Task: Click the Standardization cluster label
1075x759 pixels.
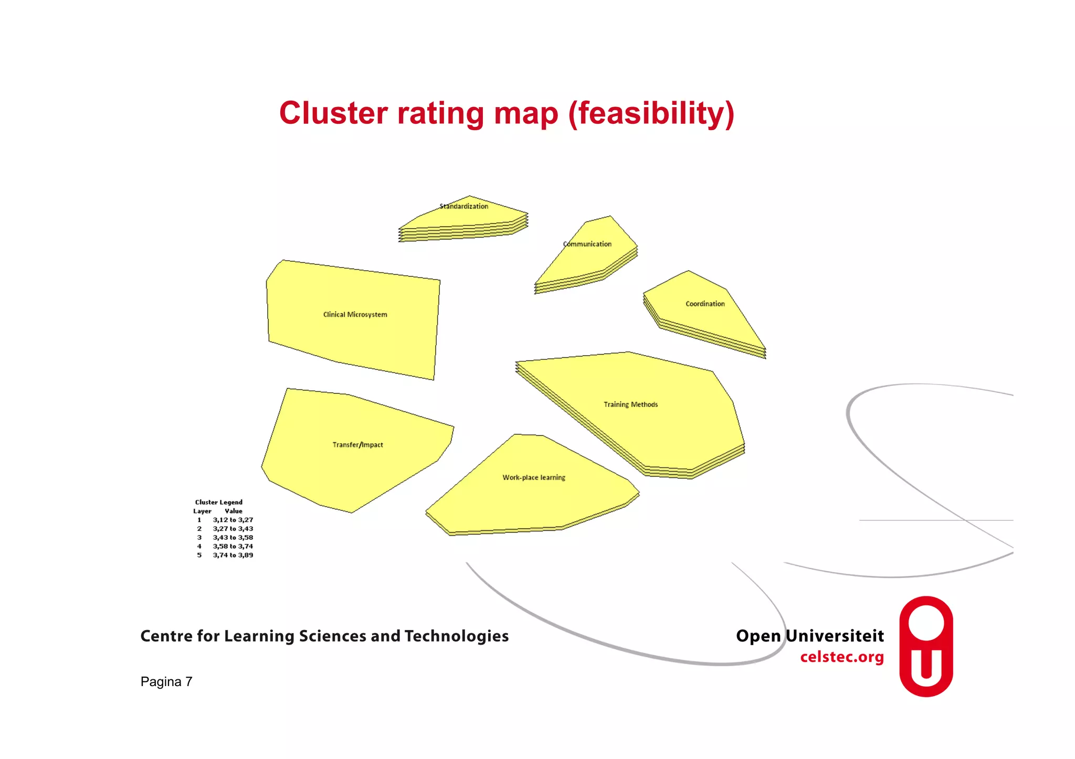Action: pyautogui.click(x=463, y=206)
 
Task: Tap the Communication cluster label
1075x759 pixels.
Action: pyautogui.click(x=587, y=244)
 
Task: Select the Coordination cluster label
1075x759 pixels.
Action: pyautogui.click(x=705, y=304)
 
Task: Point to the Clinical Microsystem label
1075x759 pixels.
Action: pyautogui.click(x=355, y=315)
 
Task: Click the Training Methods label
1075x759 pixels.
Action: pyautogui.click(x=630, y=404)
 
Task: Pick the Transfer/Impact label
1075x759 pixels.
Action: pyautogui.click(x=357, y=445)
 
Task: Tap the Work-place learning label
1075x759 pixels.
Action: pyautogui.click(x=534, y=477)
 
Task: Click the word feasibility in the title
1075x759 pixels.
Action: pyautogui.click(x=651, y=113)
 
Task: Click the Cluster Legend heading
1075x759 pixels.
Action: pyautogui.click(x=219, y=502)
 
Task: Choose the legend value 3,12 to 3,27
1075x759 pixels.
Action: pyautogui.click(x=233, y=520)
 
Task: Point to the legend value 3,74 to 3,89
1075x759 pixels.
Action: pyautogui.click(x=233, y=555)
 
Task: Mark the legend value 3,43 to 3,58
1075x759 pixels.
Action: pyautogui.click(x=233, y=538)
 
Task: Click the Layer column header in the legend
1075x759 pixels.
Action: pyautogui.click(x=202, y=511)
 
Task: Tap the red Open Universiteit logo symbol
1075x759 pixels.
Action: pyautogui.click(x=926, y=646)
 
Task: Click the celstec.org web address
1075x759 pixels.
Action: pyautogui.click(x=841, y=657)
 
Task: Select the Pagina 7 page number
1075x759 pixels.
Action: pyautogui.click(x=166, y=681)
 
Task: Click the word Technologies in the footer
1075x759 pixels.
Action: pyautogui.click(x=456, y=636)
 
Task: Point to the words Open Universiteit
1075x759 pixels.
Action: pyautogui.click(x=809, y=636)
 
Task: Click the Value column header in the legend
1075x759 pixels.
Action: pyautogui.click(x=234, y=511)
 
